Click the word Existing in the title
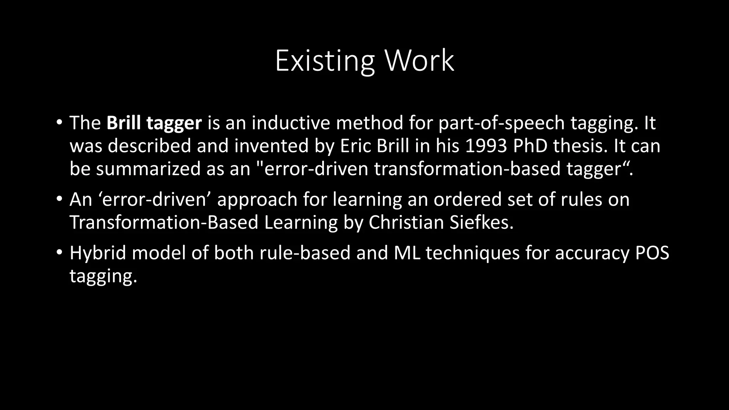tap(324, 61)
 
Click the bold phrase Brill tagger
tap(154, 123)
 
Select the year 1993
tap(486, 146)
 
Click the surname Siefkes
tap(481, 222)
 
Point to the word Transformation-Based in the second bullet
tap(164, 222)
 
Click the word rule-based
tap(305, 253)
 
